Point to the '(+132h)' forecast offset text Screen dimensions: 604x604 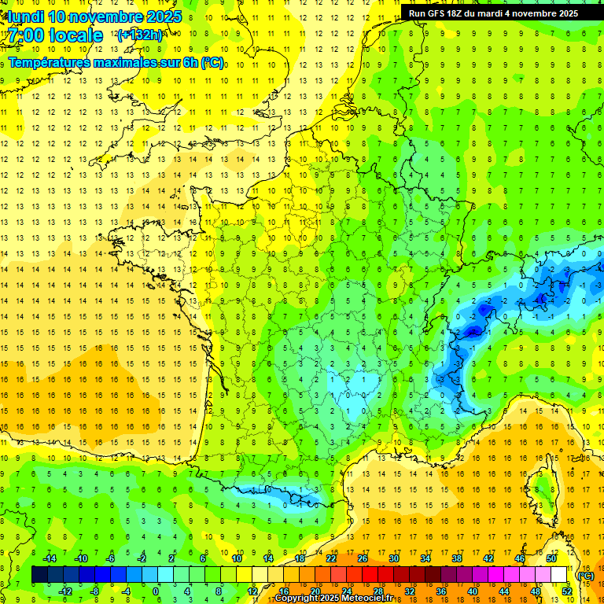[x=140, y=35]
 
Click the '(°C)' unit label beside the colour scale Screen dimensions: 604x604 [x=585, y=575]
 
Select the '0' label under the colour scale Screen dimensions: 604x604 [x=156, y=591]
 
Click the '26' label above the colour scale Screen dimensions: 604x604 [x=363, y=558]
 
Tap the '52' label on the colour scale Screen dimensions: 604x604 [x=566, y=591]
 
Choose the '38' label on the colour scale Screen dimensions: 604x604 [x=456, y=558]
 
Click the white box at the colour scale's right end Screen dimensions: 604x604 [x=559, y=575]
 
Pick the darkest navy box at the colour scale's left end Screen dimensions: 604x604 [x=39, y=575]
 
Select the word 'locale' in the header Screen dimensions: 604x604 [x=79, y=35]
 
